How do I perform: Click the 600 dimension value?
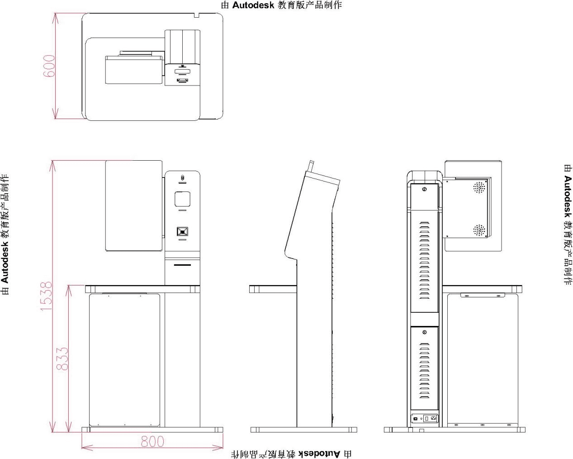tap(49, 66)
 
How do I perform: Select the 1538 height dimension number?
tap(46, 296)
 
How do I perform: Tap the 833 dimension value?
tap(62, 359)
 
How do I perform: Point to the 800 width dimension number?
tap(152, 441)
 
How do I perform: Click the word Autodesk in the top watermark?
tap(253, 5)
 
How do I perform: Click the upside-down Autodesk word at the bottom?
tap(319, 454)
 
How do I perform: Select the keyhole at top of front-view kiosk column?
tap(182, 177)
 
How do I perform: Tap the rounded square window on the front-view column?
tap(182, 199)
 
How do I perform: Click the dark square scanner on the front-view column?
tap(182, 231)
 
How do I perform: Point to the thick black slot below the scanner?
tap(182, 265)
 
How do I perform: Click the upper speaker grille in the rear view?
tap(479, 188)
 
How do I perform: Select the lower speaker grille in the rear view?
tap(479, 230)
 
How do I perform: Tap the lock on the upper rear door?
tap(424, 189)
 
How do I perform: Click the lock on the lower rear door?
tap(424, 332)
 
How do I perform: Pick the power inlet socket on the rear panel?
tap(433, 418)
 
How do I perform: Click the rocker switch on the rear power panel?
tap(426, 418)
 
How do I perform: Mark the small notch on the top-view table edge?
tap(196, 15)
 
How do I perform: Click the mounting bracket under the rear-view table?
tap(482, 295)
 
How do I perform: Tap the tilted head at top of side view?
tap(322, 179)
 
